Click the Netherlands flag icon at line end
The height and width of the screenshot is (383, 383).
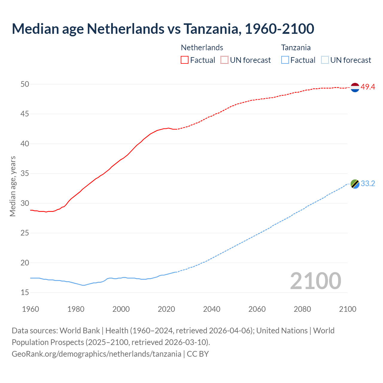355,87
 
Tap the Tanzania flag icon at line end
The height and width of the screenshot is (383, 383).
355,184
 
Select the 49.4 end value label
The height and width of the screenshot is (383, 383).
368,87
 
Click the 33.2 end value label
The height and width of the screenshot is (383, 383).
368,184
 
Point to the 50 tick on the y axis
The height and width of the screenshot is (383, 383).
25,84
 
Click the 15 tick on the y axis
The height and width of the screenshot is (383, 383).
25,292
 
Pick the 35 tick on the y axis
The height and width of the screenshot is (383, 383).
25,174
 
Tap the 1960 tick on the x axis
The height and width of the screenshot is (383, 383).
31,309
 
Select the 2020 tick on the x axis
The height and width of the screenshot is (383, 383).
166,309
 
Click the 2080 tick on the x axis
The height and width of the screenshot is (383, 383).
302,309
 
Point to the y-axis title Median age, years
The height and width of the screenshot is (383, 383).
13,186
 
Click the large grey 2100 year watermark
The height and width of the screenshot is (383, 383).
315,281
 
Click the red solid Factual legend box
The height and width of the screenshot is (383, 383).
185,60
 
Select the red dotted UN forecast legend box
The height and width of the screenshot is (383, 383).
224,60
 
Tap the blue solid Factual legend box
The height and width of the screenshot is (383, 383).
285,60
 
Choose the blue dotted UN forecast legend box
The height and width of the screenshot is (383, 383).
325,60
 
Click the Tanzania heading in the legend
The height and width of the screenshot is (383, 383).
296,48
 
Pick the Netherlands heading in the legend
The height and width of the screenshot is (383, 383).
202,48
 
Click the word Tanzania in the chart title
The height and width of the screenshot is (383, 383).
211,29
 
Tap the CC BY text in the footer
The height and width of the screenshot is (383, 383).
198,354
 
